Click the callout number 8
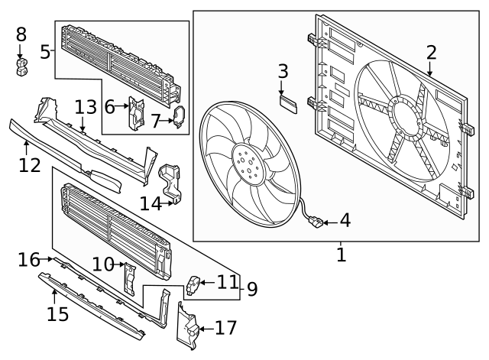[21, 34]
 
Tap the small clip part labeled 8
[21, 67]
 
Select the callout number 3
[283, 72]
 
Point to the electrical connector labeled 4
[316, 223]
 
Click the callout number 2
[431, 53]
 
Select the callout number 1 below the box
[341, 254]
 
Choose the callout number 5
[45, 52]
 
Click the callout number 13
[86, 105]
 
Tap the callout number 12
[29, 164]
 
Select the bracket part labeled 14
[172, 182]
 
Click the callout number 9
[251, 289]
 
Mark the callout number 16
[28, 260]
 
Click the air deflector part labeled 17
[186, 327]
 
